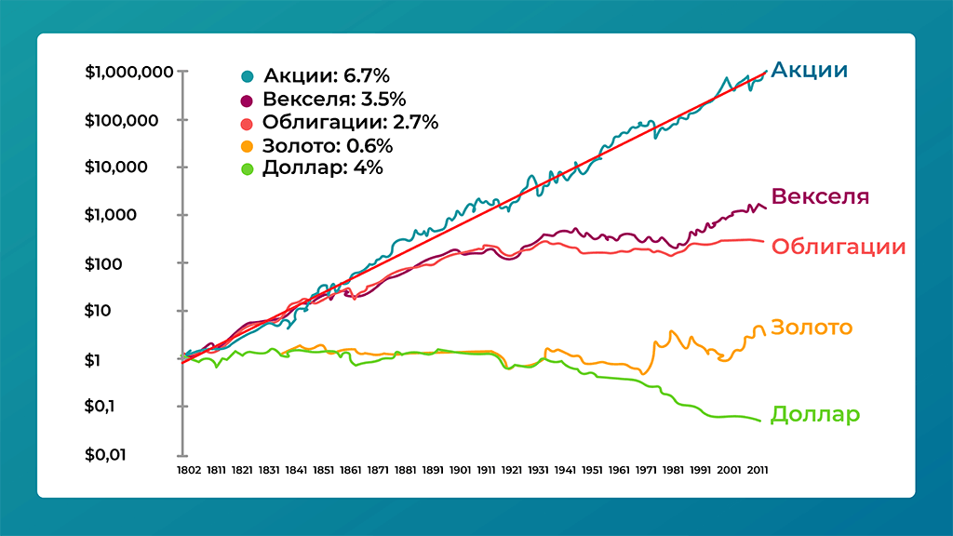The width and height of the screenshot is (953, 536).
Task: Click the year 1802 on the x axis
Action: click(188, 471)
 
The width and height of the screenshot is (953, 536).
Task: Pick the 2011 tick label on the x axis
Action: click(757, 471)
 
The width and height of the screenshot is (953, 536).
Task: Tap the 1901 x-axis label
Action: click(460, 471)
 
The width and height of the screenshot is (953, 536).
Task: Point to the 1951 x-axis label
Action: click(595, 471)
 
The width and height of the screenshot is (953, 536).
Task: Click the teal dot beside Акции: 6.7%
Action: click(248, 76)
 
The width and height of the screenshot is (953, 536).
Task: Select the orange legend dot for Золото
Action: click(248, 146)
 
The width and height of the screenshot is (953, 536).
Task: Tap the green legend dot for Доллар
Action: click(248, 168)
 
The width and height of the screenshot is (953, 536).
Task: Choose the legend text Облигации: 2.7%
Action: click(350, 123)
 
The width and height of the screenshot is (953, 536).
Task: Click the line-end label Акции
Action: click(810, 71)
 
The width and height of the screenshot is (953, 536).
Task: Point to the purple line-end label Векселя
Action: click(821, 197)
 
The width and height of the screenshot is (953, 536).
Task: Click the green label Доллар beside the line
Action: click(815, 415)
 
